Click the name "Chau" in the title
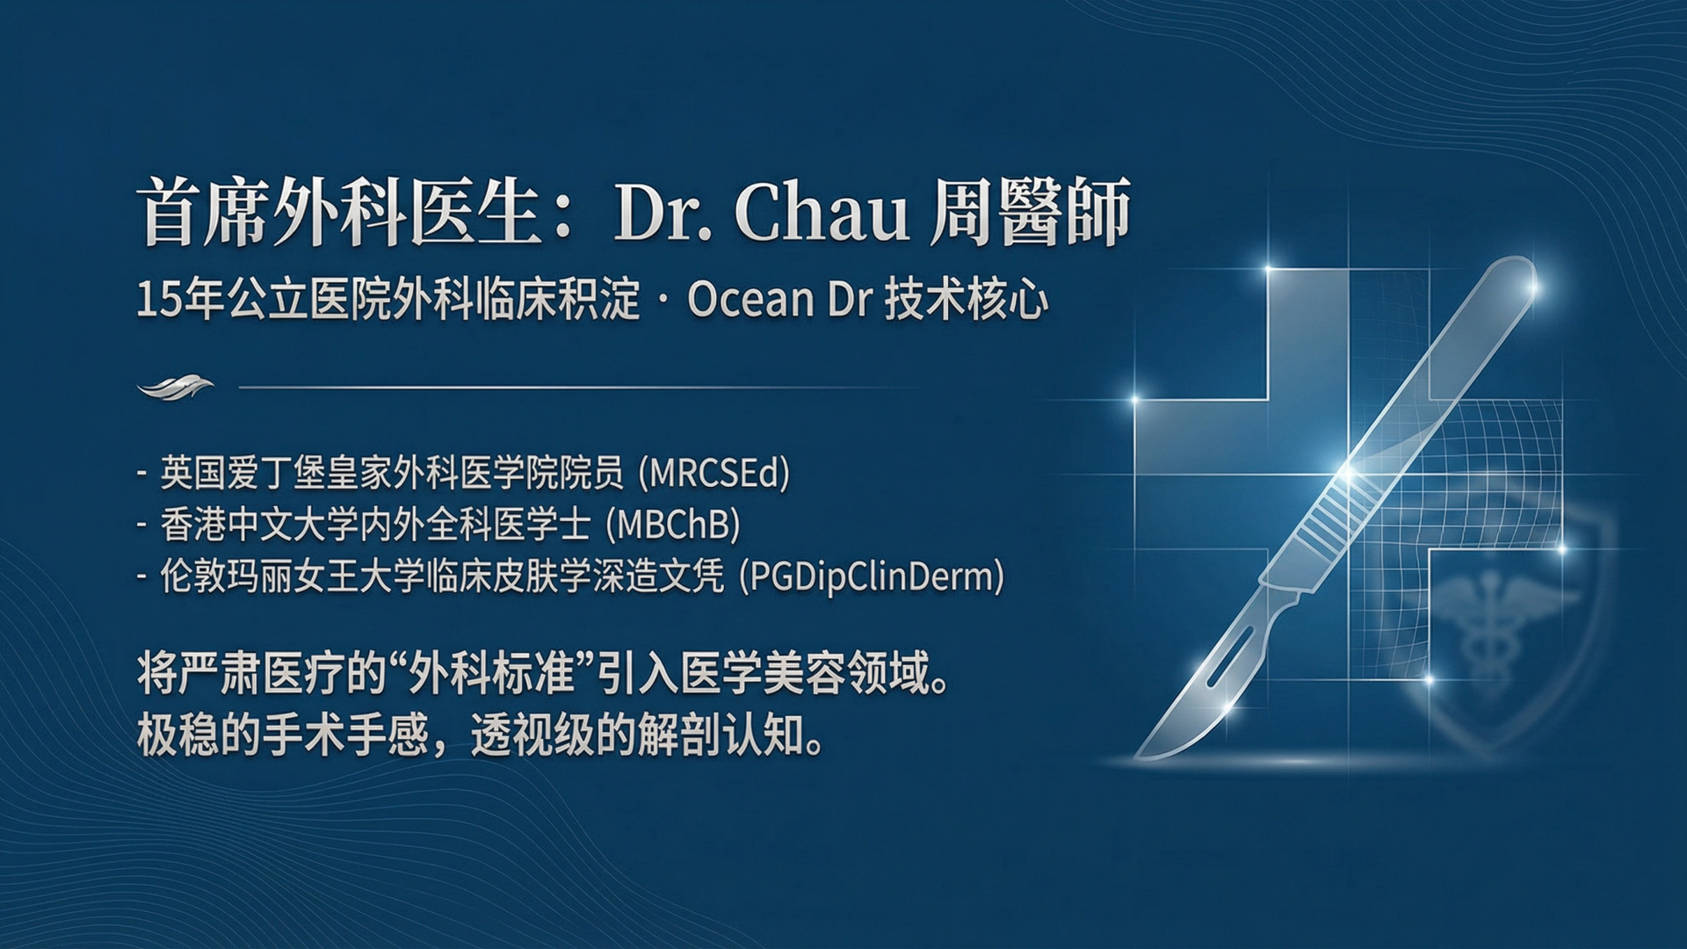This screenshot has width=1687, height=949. (821, 213)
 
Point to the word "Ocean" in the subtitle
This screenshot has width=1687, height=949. (751, 300)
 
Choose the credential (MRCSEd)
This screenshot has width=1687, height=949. (714, 474)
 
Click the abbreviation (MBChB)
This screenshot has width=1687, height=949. (673, 525)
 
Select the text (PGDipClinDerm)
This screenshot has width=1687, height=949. (872, 577)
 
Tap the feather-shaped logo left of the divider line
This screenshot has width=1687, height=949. (176, 387)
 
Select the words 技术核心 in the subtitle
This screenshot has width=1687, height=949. (967, 300)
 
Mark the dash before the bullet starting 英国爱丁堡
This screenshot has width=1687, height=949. (141, 474)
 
